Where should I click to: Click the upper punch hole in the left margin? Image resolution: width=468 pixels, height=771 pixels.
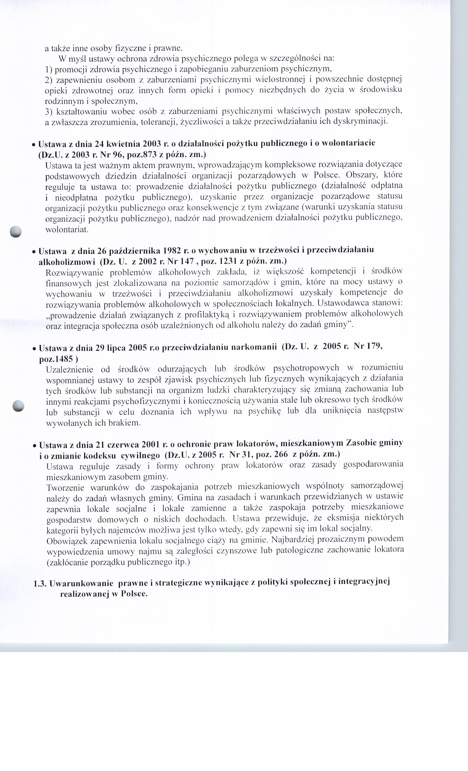pyautogui.click(x=15, y=231)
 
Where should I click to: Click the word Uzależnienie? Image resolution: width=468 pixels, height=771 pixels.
pyautogui.click(x=69, y=369)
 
